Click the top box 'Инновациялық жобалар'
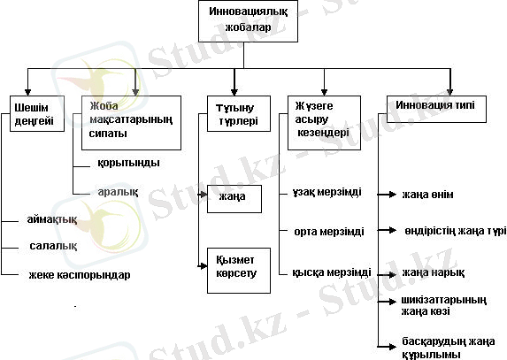click(x=248, y=21)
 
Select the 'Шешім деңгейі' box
click(x=37, y=113)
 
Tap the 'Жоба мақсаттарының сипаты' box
click(x=131, y=123)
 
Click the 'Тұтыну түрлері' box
click(x=239, y=113)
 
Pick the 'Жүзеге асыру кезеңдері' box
click(x=325, y=123)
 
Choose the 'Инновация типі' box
click(x=436, y=109)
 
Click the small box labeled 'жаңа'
click(x=234, y=199)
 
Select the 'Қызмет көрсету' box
click(x=239, y=271)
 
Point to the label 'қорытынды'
click(x=128, y=163)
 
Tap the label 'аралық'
click(x=118, y=192)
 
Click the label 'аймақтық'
click(x=52, y=219)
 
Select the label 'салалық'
click(x=53, y=246)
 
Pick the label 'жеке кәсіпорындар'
click(x=80, y=275)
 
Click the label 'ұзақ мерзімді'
click(x=326, y=192)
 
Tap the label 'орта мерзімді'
click(x=329, y=232)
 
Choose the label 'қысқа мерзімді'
click(x=332, y=272)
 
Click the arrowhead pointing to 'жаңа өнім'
click(x=393, y=195)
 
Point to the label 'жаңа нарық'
click(x=434, y=272)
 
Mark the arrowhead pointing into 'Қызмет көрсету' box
click(x=203, y=266)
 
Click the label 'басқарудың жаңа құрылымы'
click(x=449, y=348)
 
